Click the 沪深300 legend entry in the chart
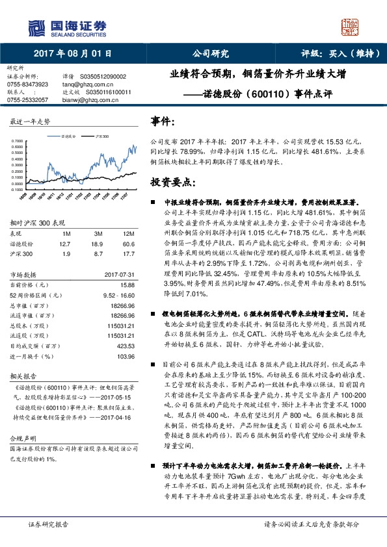(100, 136)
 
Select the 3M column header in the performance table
(98, 233)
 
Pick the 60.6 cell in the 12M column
(128, 242)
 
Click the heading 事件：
(163, 121)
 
